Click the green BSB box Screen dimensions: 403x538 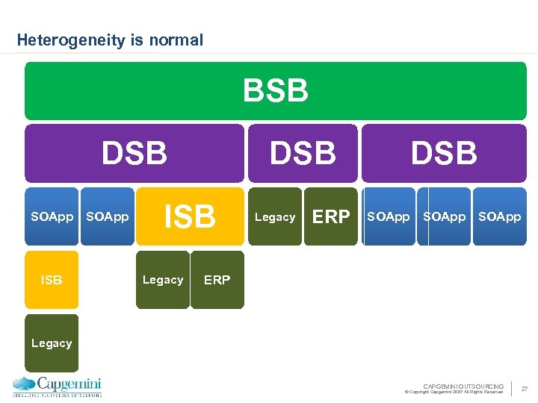tap(275, 91)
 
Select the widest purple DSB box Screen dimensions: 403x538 tap(134, 153)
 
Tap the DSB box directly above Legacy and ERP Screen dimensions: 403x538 tap(303, 153)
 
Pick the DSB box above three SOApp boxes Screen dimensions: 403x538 tap(444, 153)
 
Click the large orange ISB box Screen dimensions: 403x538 tap(190, 216)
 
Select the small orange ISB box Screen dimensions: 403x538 tap(52, 280)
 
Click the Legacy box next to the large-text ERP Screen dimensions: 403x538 tap(275, 217)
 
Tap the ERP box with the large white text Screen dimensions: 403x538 tap(331, 217)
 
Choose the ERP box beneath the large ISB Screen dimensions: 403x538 tap(217, 280)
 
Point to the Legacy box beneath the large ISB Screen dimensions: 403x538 tap(163, 280)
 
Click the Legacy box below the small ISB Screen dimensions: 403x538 tap(52, 343)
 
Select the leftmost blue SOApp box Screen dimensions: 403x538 tap(52, 217)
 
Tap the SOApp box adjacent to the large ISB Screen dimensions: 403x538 tap(108, 217)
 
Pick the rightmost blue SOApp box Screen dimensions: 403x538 tap(500, 217)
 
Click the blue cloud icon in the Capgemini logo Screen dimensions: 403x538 tap(24, 384)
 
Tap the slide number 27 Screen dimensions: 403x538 tap(525, 389)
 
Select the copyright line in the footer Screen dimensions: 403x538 tap(454, 392)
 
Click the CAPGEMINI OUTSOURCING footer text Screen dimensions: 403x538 tap(463, 386)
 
